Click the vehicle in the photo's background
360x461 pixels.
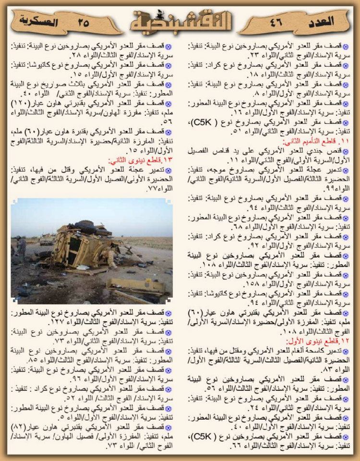47,239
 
